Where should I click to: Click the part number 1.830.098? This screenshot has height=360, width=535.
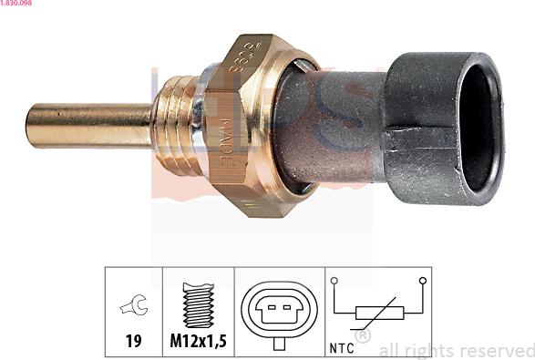click(18, 5)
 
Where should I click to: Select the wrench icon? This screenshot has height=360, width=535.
click(133, 308)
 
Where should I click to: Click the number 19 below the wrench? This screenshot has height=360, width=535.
click(133, 342)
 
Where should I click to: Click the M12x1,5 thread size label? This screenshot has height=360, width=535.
click(199, 342)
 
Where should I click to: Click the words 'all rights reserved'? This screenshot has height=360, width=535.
click(456, 350)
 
